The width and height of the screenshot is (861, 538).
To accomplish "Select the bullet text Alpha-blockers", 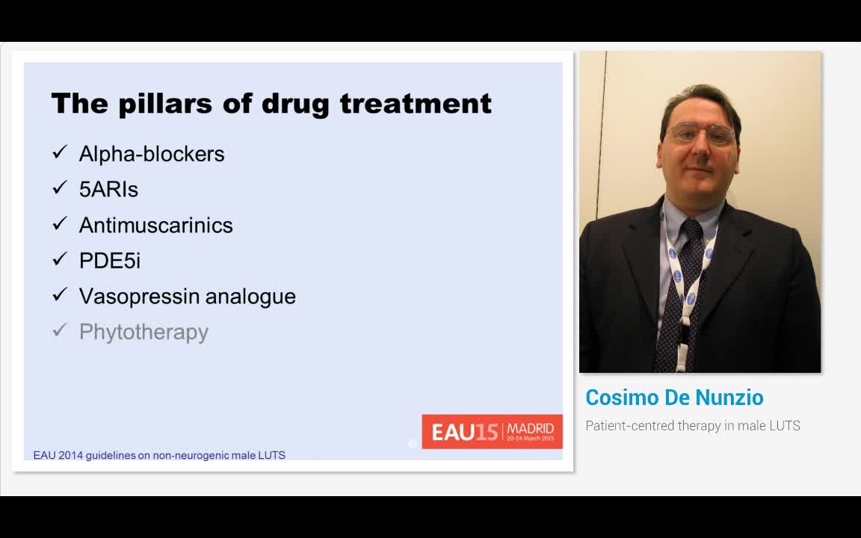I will tap(152, 154).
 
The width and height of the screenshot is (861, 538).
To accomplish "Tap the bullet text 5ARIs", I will tap(108, 190).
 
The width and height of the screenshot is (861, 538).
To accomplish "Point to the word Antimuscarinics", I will tap(155, 226).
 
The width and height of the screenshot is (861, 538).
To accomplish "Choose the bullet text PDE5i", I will tap(109, 261).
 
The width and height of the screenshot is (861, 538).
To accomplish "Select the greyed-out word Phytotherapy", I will tap(143, 333).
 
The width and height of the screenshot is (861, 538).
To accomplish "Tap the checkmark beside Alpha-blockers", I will tap(60, 153).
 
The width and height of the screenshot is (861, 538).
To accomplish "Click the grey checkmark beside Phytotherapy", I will tap(60, 331).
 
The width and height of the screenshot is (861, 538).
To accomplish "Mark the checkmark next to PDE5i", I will tap(60, 260).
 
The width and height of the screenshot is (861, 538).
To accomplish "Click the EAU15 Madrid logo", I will tap(492, 432).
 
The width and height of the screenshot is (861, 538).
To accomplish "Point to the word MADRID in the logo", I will tap(531, 429).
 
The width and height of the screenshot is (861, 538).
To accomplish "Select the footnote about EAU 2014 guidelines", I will tap(159, 455).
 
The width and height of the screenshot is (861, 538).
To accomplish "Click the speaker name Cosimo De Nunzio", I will tap(674, 398).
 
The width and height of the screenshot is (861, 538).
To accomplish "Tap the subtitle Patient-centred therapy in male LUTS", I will tap(692, 426).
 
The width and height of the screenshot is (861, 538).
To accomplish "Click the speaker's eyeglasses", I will tap(700, 134).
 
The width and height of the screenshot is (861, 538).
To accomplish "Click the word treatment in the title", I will tap(416, 103).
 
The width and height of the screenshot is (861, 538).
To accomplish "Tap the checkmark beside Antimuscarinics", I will tap(60, 224).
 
